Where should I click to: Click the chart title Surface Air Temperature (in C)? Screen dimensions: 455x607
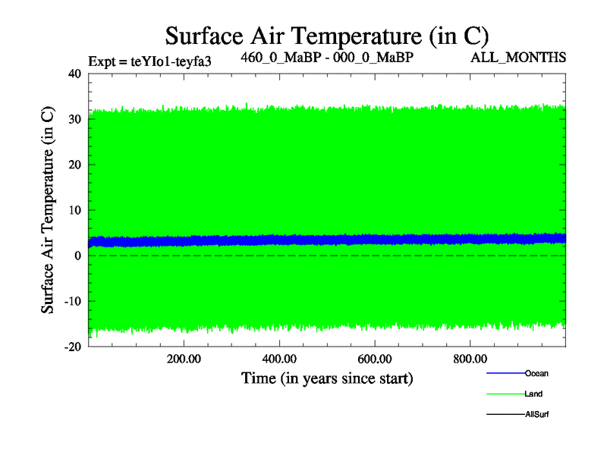[326, 36]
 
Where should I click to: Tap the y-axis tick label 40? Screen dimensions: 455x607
[74, 74]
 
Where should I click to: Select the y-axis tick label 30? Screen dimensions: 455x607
[74, 119]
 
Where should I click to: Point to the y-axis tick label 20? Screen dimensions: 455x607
[74, 165]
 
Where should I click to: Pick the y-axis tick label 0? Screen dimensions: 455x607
[78, 256]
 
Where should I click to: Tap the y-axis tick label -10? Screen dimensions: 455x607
[72, 301]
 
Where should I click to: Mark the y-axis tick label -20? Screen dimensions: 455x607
[72, 347]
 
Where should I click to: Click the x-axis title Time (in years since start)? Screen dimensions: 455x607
[327, 378]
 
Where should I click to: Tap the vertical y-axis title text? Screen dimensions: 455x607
[48, 210]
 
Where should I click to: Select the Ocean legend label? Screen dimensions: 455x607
[536, 374]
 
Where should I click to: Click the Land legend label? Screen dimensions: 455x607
[533, 394]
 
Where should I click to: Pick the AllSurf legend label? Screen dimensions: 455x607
[536, 415]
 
